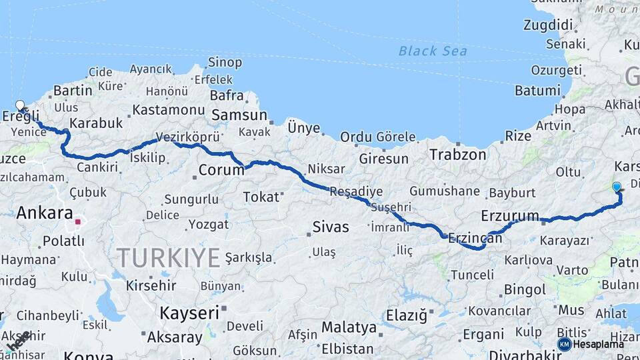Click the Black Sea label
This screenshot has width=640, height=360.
point(433,51)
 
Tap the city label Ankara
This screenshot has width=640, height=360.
point(44,213)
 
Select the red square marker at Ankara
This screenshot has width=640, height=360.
point(78,221)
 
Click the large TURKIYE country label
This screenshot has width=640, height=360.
point(169,257)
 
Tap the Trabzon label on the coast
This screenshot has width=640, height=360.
point(458,155)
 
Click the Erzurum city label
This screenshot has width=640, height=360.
point(509,215)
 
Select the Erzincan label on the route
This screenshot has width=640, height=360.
point(475,237)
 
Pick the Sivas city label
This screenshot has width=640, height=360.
point(331,227)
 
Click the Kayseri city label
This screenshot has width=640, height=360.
point(189,312)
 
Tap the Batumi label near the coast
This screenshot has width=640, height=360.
point(537,90)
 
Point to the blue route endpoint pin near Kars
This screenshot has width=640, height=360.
point(617,187)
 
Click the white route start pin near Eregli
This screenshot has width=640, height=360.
point(20,105)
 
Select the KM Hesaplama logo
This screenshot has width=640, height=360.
point(591,344)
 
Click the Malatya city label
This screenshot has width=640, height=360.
point(349,327)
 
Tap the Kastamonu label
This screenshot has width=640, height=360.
point(168,109)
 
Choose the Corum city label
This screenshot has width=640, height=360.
point(222,170)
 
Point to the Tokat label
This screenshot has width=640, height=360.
point(260,197)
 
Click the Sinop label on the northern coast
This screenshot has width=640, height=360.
point(225,62)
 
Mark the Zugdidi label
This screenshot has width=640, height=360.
point(548,25)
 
